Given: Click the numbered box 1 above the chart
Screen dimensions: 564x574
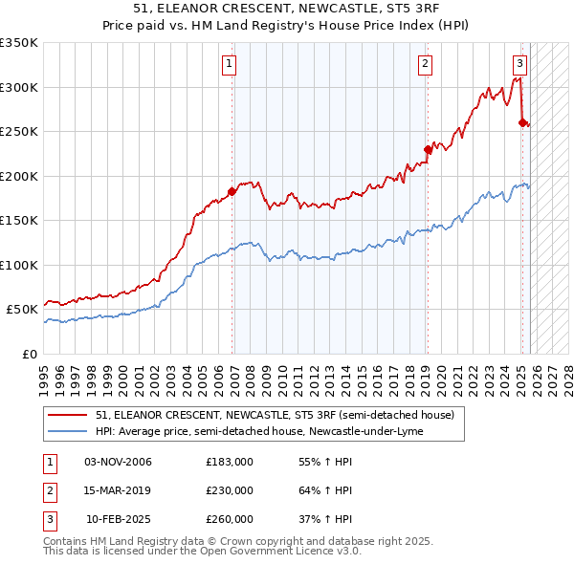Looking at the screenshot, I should (232, 65).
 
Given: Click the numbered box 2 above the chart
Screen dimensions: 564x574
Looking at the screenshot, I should (424, 65).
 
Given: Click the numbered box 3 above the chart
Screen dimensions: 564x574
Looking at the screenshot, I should (519, 65).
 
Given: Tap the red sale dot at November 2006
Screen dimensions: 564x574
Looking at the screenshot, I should (232, 191).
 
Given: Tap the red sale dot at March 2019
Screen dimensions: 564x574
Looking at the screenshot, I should (428, 149).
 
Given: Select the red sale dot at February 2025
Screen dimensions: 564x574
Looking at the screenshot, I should (522, 122).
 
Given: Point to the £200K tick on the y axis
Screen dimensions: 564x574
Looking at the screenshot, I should (19, 176).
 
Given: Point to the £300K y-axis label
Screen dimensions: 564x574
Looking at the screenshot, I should (19, 87).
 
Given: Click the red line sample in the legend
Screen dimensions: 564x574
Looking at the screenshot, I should (69, 415).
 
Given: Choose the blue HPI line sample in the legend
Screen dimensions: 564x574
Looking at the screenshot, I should (69, 431).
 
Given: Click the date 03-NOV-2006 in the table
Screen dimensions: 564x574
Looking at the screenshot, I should (118, 463).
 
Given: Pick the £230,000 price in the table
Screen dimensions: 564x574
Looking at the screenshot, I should (230, 490).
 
